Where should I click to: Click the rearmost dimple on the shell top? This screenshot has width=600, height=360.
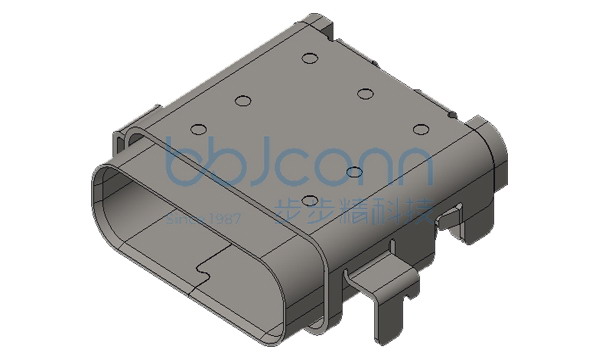(309, 59)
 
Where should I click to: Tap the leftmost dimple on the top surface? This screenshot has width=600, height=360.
(196, 129)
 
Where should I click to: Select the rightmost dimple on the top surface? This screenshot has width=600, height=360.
(420, 130)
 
